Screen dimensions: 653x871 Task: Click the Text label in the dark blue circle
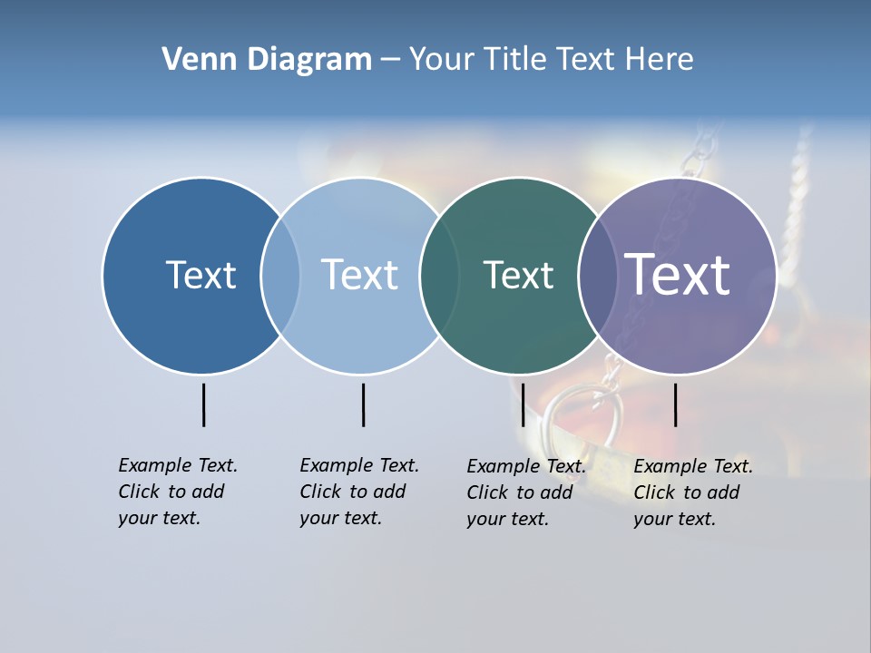point(201,275)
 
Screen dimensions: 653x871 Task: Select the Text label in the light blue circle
point(359,275)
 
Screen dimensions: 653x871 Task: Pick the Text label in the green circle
point(518,275)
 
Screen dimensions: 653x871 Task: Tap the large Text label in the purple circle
point(678,274)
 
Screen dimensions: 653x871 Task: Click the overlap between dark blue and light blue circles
point(280,275)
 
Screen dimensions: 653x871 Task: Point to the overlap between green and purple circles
point(598,275)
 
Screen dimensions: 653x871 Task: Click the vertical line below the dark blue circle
point(204,404)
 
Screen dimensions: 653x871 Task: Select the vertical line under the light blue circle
point(363,404)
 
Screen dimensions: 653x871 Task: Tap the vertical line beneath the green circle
point(523,404)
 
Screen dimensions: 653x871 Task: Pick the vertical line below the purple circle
point(676,404)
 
